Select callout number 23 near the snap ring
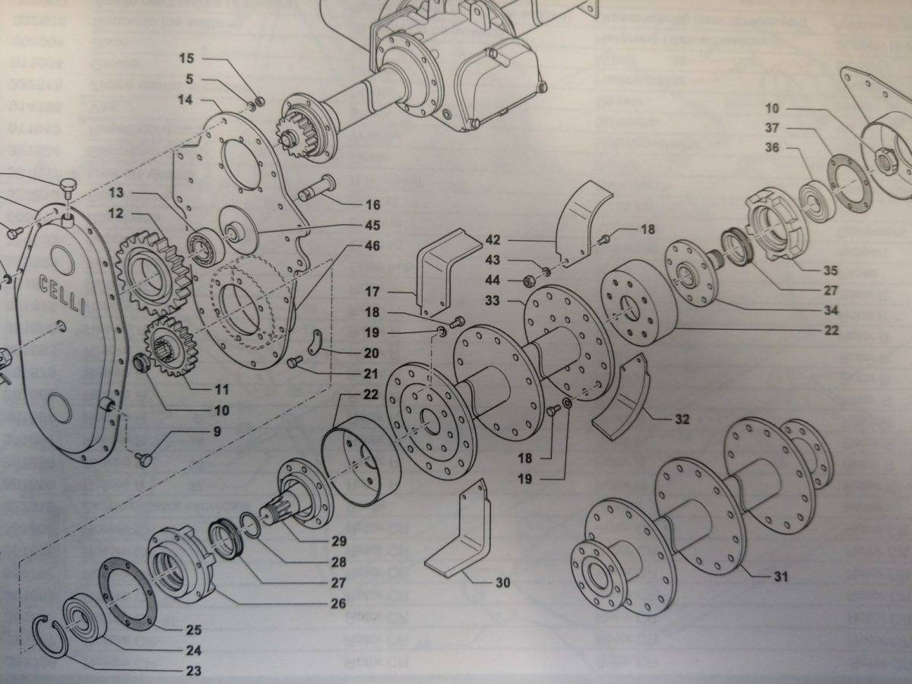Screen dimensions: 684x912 click(x=194, y=670)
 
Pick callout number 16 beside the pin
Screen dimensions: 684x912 click(x=372, y=204)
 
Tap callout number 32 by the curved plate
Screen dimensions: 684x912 click(x=682, y=419)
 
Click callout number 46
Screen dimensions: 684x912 click(x=372, y=245)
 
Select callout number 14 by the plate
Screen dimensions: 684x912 click(x=185, y=100)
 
